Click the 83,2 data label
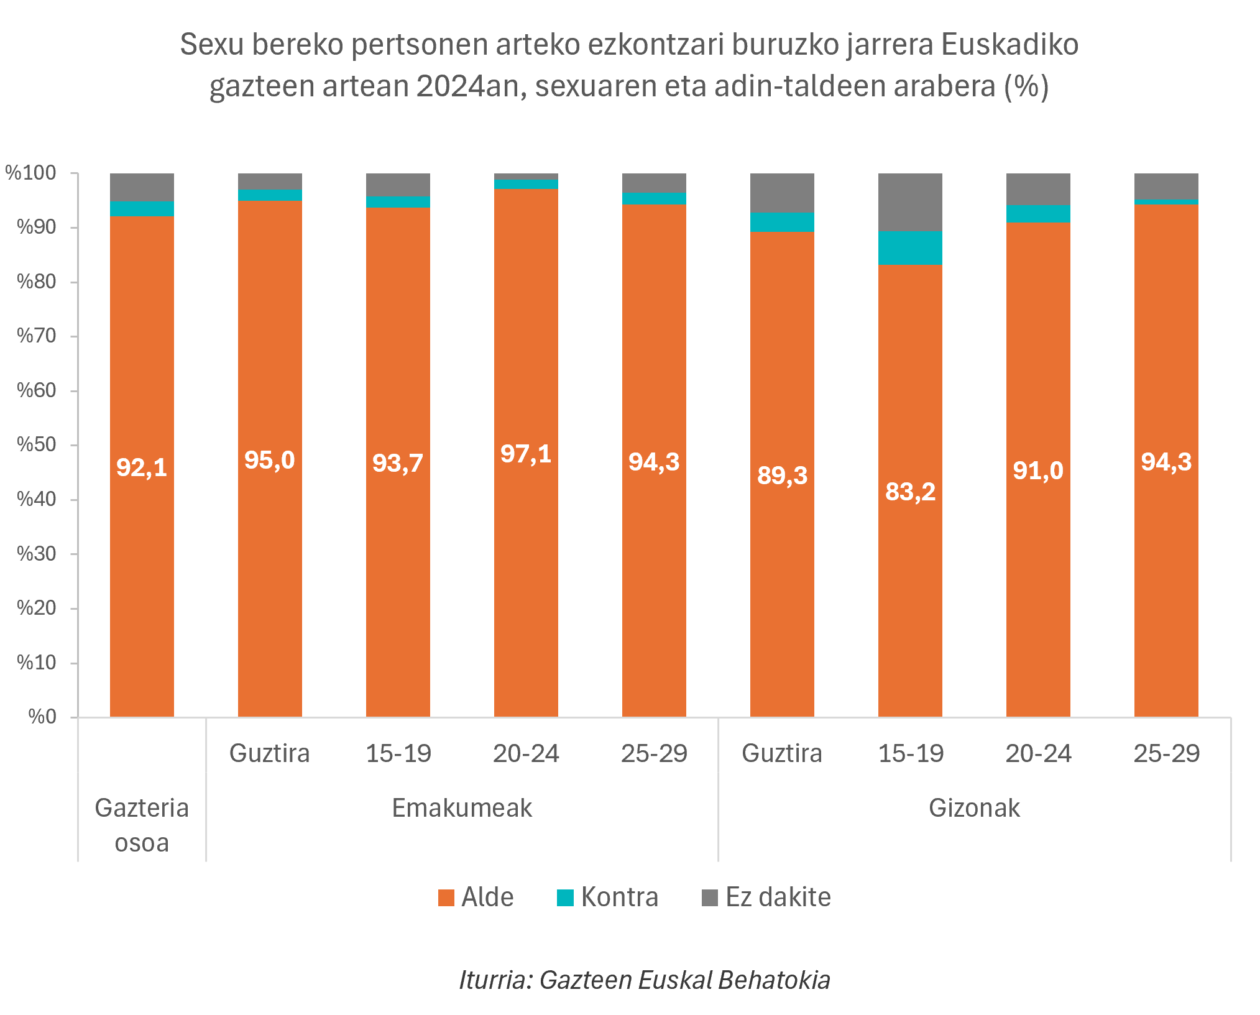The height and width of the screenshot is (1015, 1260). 910,492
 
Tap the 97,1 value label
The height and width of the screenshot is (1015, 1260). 526,454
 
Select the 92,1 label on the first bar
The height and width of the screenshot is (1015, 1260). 142,467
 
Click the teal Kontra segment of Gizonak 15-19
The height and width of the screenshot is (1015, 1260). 910,247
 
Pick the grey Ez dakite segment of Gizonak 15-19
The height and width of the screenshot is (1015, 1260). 910,202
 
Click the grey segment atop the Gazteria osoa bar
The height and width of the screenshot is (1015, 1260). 142,187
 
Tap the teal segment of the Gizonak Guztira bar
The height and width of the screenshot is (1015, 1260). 782,222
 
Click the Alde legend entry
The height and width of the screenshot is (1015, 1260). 476,898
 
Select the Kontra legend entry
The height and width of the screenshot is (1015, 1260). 607,898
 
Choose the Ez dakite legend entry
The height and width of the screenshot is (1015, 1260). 766,898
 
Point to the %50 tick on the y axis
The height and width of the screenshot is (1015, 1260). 37,445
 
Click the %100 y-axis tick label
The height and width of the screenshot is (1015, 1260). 31,173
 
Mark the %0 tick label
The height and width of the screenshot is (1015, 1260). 42,717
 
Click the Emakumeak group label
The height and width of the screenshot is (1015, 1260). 462,808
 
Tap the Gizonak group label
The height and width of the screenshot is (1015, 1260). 974,808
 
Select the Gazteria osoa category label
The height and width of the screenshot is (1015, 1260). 142,825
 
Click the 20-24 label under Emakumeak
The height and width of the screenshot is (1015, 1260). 526,753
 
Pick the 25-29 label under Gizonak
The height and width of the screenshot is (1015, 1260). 1166,753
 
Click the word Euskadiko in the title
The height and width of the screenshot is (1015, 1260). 1009,45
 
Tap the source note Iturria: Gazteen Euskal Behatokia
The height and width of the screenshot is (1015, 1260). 645,980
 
